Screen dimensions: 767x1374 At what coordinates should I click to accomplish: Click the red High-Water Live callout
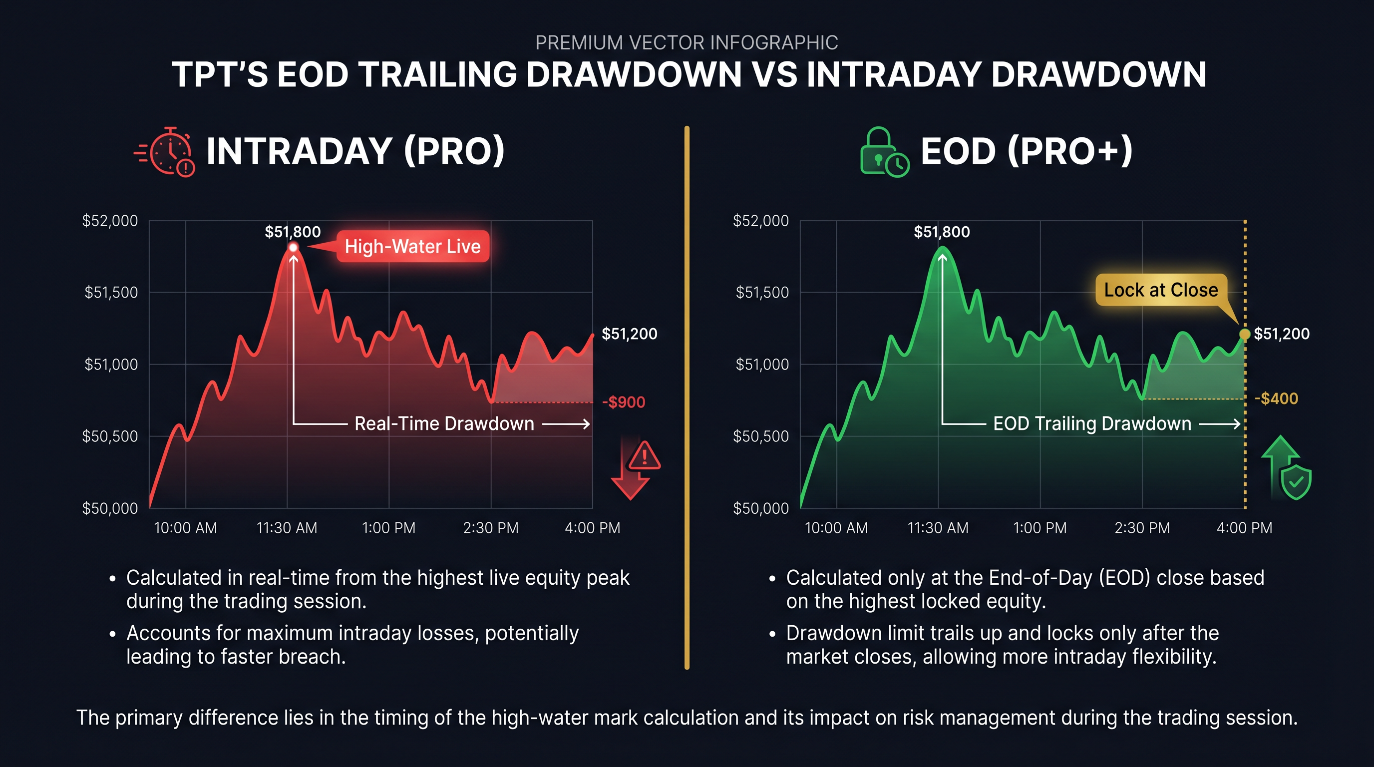[412, 246]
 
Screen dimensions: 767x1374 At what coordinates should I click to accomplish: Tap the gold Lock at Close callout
[1161, 290]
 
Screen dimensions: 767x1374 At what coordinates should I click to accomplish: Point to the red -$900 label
[624, 402]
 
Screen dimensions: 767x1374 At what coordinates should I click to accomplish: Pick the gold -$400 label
[1276, 398]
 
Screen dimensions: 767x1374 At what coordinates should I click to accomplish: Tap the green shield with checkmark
[1296, 482]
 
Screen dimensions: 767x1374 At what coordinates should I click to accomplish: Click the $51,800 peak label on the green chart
[942, 232]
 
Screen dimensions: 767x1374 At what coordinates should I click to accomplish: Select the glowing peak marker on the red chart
[294, 248]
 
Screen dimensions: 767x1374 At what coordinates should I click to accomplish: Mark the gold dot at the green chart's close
[1244, 334]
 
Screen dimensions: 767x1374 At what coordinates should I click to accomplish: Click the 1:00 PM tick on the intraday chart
[388, 528]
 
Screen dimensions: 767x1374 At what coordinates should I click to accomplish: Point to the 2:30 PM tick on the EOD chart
[1142, 528]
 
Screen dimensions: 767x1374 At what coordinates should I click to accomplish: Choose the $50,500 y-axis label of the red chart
[110, 436]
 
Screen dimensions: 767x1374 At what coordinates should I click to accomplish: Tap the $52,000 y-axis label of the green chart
[760, 221]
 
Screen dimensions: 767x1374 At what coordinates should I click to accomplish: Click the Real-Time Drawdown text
[444, 423]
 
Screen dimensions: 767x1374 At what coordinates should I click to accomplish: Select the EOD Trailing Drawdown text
[1092, 423]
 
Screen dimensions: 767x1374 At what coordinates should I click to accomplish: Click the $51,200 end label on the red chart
[630, 334]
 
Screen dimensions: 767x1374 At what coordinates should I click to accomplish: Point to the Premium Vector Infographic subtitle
[687, 42]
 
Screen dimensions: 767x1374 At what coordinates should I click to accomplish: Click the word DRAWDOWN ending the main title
[1099, 75]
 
